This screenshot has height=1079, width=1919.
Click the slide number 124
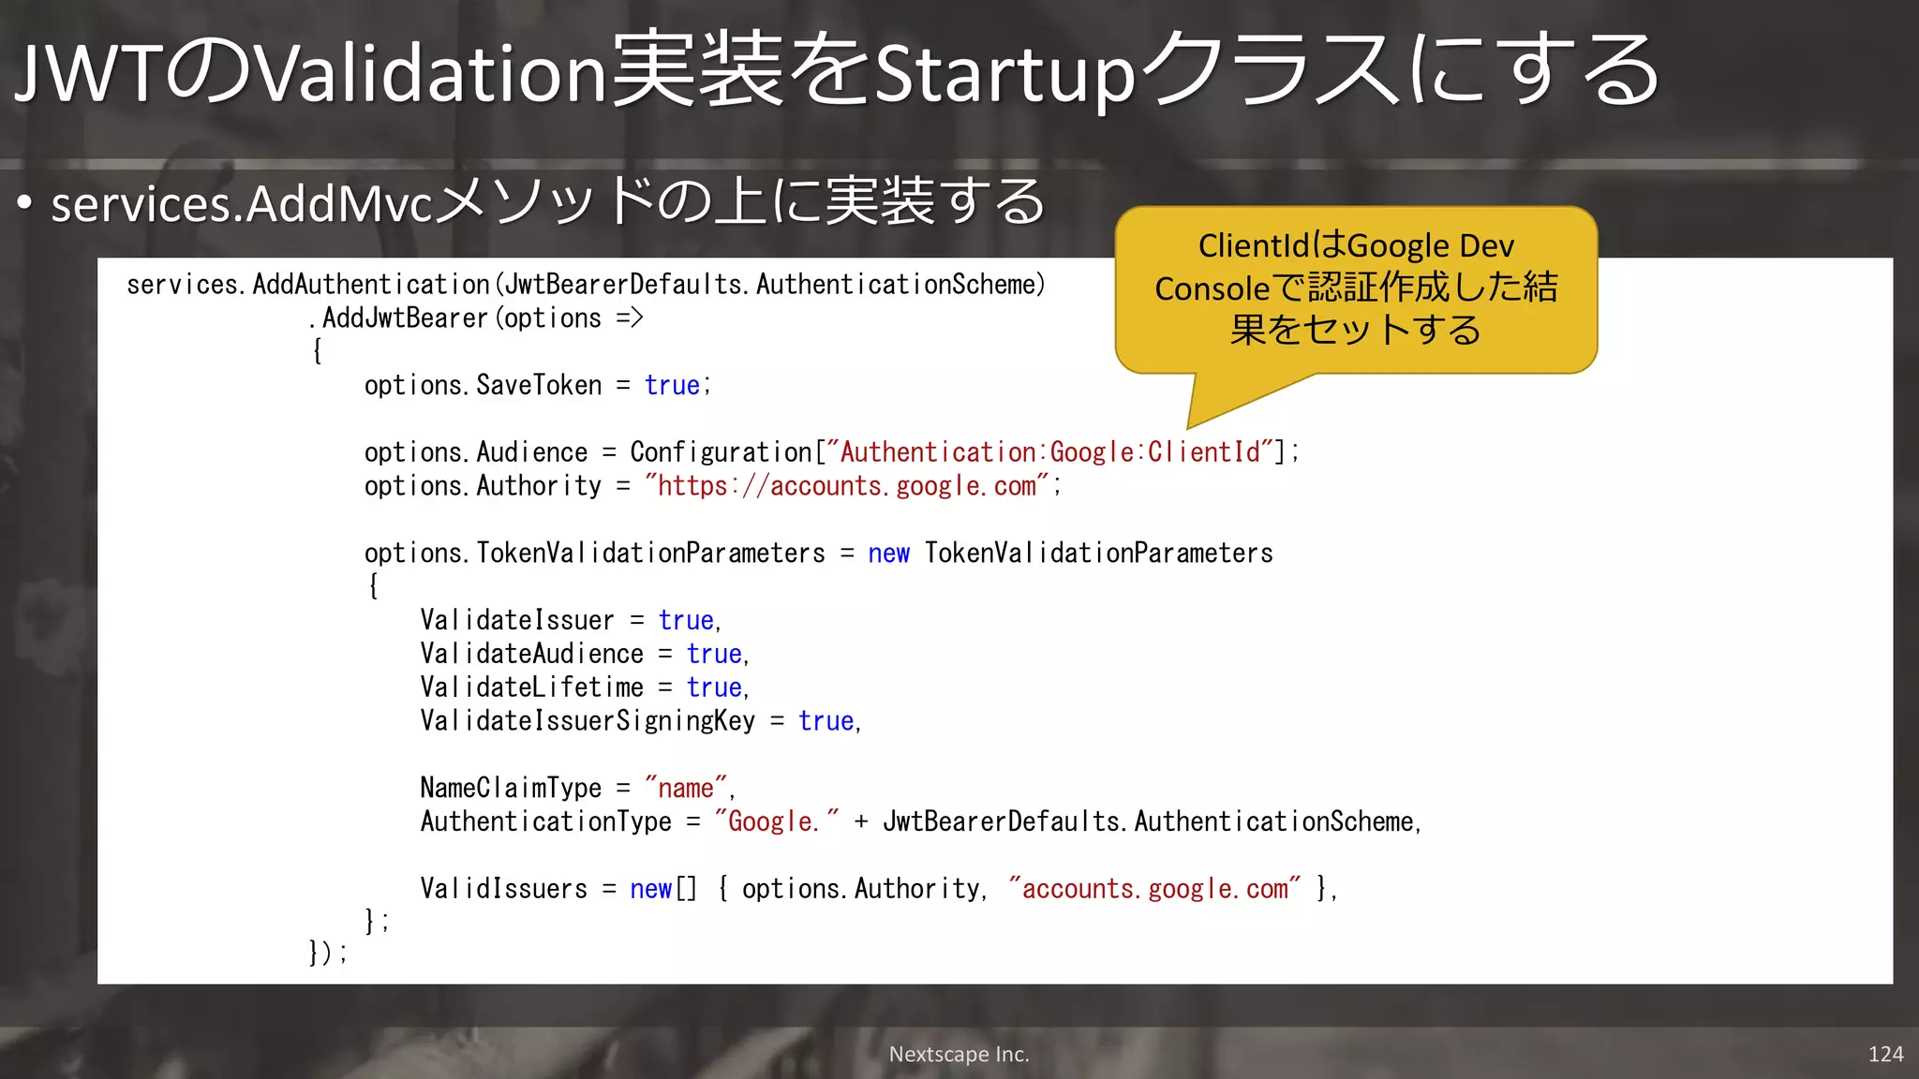click(x=1885, y=1054)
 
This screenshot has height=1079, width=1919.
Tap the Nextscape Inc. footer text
click(x=959, y=1054)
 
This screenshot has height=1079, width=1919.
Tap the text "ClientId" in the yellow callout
click(x=1253, y=245)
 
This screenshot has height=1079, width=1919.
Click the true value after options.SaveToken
click(x=672, y=385)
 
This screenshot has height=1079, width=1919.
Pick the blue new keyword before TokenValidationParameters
click(x=888, y=554)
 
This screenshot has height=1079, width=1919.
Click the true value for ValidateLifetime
click(x=714, y=687)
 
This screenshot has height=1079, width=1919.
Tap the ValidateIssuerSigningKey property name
click(x=587, y=721)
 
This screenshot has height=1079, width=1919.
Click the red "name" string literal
click(x=686, y=788)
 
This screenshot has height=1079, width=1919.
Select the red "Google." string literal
click(x=776, y=821)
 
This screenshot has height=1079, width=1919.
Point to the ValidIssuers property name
click(x=503, y=889)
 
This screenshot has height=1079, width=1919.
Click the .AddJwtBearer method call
click(x=406, y=318)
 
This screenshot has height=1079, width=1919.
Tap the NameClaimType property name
click(x=511, y=788)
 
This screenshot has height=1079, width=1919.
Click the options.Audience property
click(x=476, y=452)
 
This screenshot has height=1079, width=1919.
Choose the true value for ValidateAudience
click(x=714, y=654)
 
